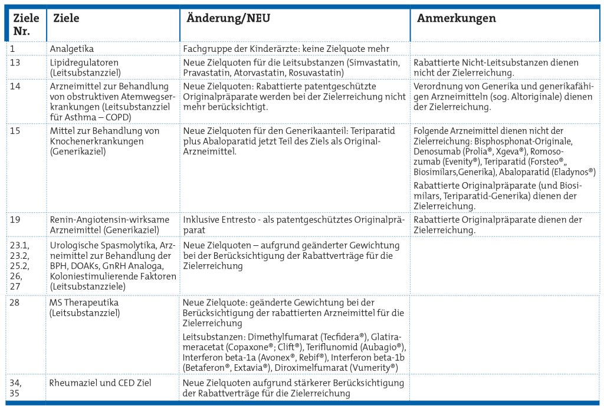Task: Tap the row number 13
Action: tap(15, 62)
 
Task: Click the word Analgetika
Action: tap(71, 49)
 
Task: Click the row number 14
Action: tap(15, 87)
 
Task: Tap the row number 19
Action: tap(15, 219)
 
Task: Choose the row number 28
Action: tap(15, 302)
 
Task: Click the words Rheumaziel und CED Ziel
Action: tap(100, 383)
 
